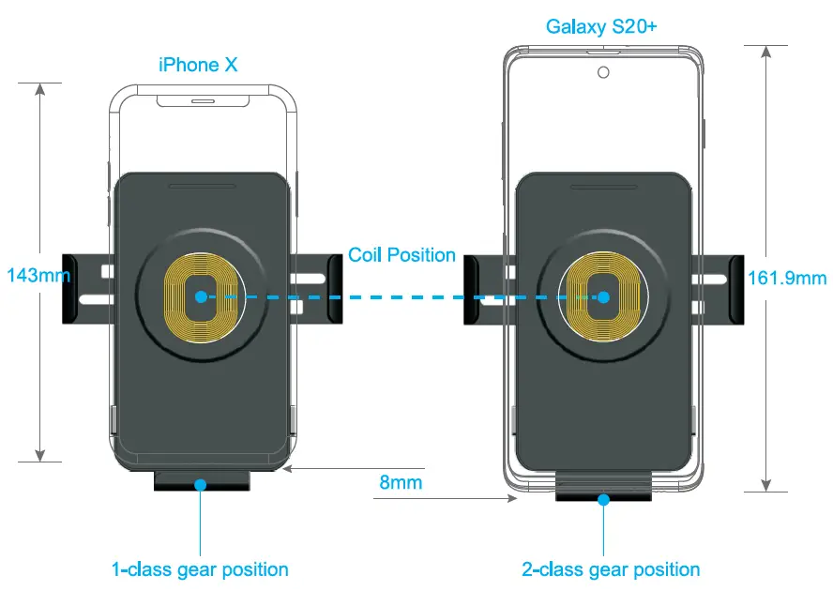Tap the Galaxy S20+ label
pyautogui.click(x=601, y=26)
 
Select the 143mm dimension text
pyautogui.click(x=38, y=276)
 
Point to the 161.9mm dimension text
pyautogui.click(x=787, y=277)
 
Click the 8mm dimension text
pyautogui.click(x=401, y=483)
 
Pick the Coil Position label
pyautogui.click(x=401, y=255)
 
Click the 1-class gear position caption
pyautogui.click(x=200, y=568)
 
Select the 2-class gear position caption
pyautogui.click(x=611, y=568)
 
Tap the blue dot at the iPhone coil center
pyautogui.click(x=201, y=296)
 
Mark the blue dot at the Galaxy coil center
pyautogui.click(x=604, y=296)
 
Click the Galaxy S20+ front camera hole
pyautogui.click(x=602, y=72)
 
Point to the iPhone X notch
pyautogui.click(x=203, y=98)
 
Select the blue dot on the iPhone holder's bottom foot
pyautogui.click(x=200, y=484)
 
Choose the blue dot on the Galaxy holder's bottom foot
pyautogui.click(x=604, y=499)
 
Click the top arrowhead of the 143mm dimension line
pyautogui.click(x=40, y=90)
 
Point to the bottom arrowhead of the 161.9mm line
pyautogui.click(x=767, y=483)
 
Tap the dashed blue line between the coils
pyautogui.click(x=403, y=296)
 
